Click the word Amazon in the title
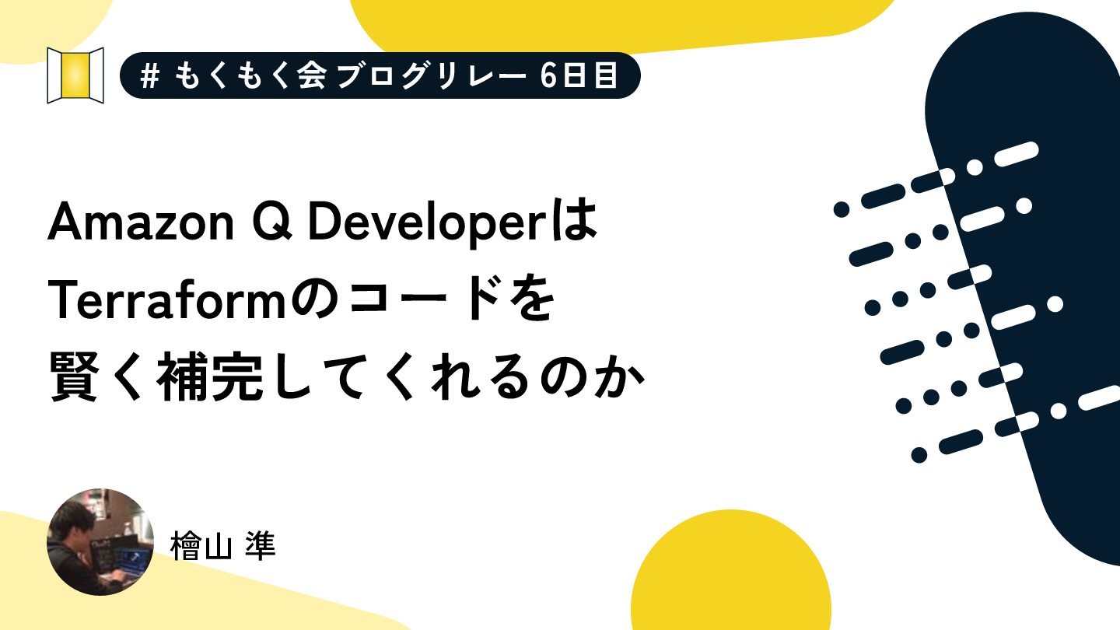(141, 222)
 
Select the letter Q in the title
(272, 222)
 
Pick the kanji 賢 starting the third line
(73, 376)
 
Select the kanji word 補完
(210, 376)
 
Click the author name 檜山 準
(223, 545)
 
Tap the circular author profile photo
(100, 542)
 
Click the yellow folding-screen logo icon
(75, 75)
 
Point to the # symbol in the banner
(149, 76)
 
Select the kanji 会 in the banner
(311, 76)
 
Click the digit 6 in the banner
(548, 76)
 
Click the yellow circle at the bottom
(731, 570)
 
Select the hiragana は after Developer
(577, 221)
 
